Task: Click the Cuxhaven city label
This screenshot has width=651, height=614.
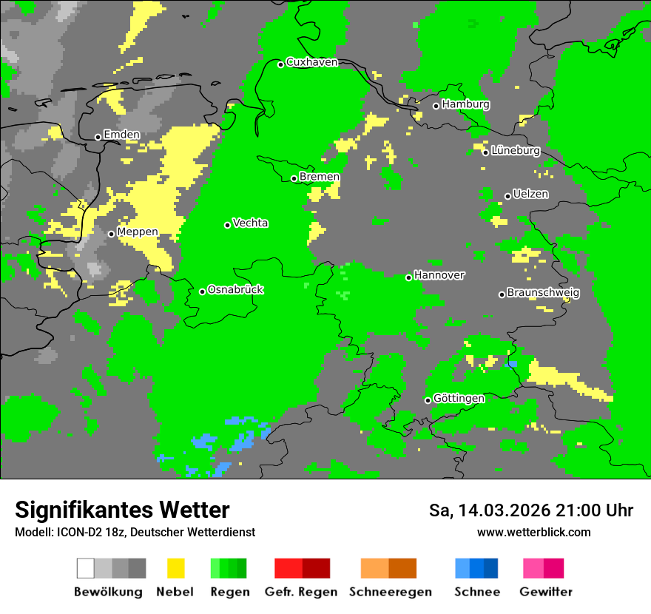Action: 311,62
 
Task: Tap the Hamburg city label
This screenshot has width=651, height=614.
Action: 465,104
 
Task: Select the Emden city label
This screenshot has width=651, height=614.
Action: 121,135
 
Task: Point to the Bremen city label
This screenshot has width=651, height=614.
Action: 320,177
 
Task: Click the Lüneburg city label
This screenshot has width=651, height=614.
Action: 516,151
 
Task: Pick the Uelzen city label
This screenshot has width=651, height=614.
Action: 530,195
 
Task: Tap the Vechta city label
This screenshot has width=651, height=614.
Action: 250,223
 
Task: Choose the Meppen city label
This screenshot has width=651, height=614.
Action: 138,232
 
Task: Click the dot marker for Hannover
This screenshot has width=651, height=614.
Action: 408,277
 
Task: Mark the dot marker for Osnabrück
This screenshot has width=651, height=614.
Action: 202,291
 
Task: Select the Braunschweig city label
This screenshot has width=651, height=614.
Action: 543,293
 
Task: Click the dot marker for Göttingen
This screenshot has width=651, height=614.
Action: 428,400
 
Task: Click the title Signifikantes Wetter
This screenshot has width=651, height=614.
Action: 122,510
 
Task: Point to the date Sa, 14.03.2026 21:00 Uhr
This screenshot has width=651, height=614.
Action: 530,510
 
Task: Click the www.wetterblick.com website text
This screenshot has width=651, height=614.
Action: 533,532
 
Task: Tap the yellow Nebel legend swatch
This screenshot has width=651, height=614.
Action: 175,568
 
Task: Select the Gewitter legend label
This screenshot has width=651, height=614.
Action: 545,592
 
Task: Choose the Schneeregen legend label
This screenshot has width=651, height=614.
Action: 390,592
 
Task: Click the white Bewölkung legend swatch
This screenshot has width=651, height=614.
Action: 86,568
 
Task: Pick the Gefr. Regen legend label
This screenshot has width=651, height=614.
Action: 301,592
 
